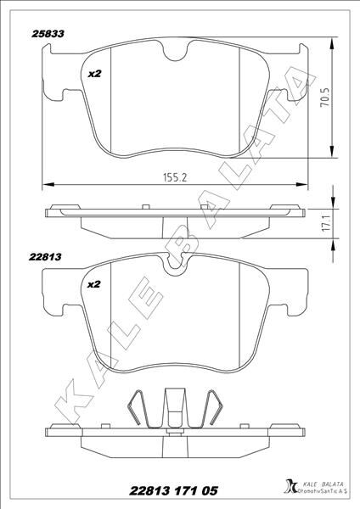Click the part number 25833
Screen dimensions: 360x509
(x=48, y=34)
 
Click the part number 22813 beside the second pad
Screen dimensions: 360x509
(x=45, y=257)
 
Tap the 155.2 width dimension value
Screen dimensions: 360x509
(x=175, y=177)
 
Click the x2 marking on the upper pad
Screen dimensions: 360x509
(x=95, y=74)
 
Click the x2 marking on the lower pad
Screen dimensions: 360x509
(x=94, y=284)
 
